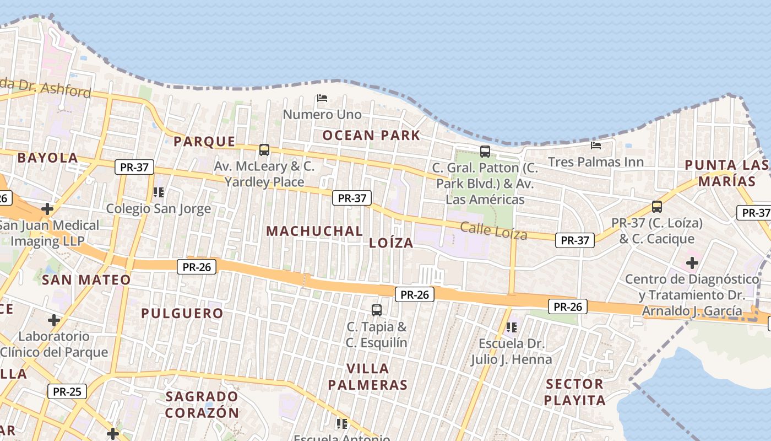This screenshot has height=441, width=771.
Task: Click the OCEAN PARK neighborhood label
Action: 371,136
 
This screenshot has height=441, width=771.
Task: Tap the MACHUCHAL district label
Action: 314,231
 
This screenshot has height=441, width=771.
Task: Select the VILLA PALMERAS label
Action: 368,377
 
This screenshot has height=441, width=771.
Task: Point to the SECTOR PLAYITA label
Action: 575,392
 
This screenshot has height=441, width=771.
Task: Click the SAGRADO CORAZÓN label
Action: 202,404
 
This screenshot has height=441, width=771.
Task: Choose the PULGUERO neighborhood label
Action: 182,314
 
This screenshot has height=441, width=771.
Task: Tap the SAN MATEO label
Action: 86,280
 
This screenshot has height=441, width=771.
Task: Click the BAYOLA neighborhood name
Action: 47,158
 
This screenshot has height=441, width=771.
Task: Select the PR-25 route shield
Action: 67,392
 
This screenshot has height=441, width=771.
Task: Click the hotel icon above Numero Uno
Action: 322,99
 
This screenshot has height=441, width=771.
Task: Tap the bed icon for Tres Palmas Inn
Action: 596,146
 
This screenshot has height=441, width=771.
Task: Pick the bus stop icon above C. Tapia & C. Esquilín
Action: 377,310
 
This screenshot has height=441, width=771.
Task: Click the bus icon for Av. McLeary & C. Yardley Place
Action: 264,150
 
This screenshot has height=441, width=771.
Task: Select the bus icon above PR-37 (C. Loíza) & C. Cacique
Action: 656,207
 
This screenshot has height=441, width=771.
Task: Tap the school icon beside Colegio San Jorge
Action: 159,192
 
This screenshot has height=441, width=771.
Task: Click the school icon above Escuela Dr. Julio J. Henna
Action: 512,327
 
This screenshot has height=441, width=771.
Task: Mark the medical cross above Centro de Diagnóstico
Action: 692,262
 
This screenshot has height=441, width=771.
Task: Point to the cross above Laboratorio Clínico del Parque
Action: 54,320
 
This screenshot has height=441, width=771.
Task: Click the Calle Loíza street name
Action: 493,230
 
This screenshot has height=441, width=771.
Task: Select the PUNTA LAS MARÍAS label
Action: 727,173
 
